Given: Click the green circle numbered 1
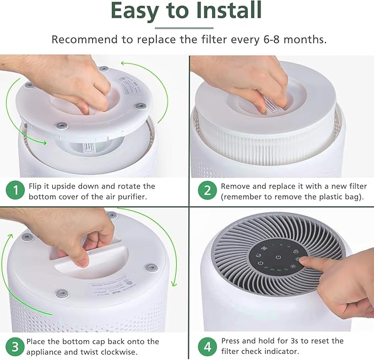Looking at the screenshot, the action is tap(15, 190).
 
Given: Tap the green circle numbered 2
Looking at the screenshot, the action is tap(207, 190).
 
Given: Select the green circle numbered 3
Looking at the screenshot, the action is tap(15, 347).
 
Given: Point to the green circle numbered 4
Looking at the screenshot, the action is tap(207, 347).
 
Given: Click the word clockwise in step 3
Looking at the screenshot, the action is tap(119, 352).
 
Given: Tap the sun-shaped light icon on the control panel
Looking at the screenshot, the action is tap(292, 266).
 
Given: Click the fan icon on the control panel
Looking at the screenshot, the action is tap(264, 249).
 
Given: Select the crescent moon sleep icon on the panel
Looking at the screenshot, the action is tap(258, 256).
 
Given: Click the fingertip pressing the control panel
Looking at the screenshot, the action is tap(302, 261).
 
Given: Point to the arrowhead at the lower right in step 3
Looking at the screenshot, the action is tap(175, 283).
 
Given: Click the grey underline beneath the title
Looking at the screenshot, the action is tap(184, 28).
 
